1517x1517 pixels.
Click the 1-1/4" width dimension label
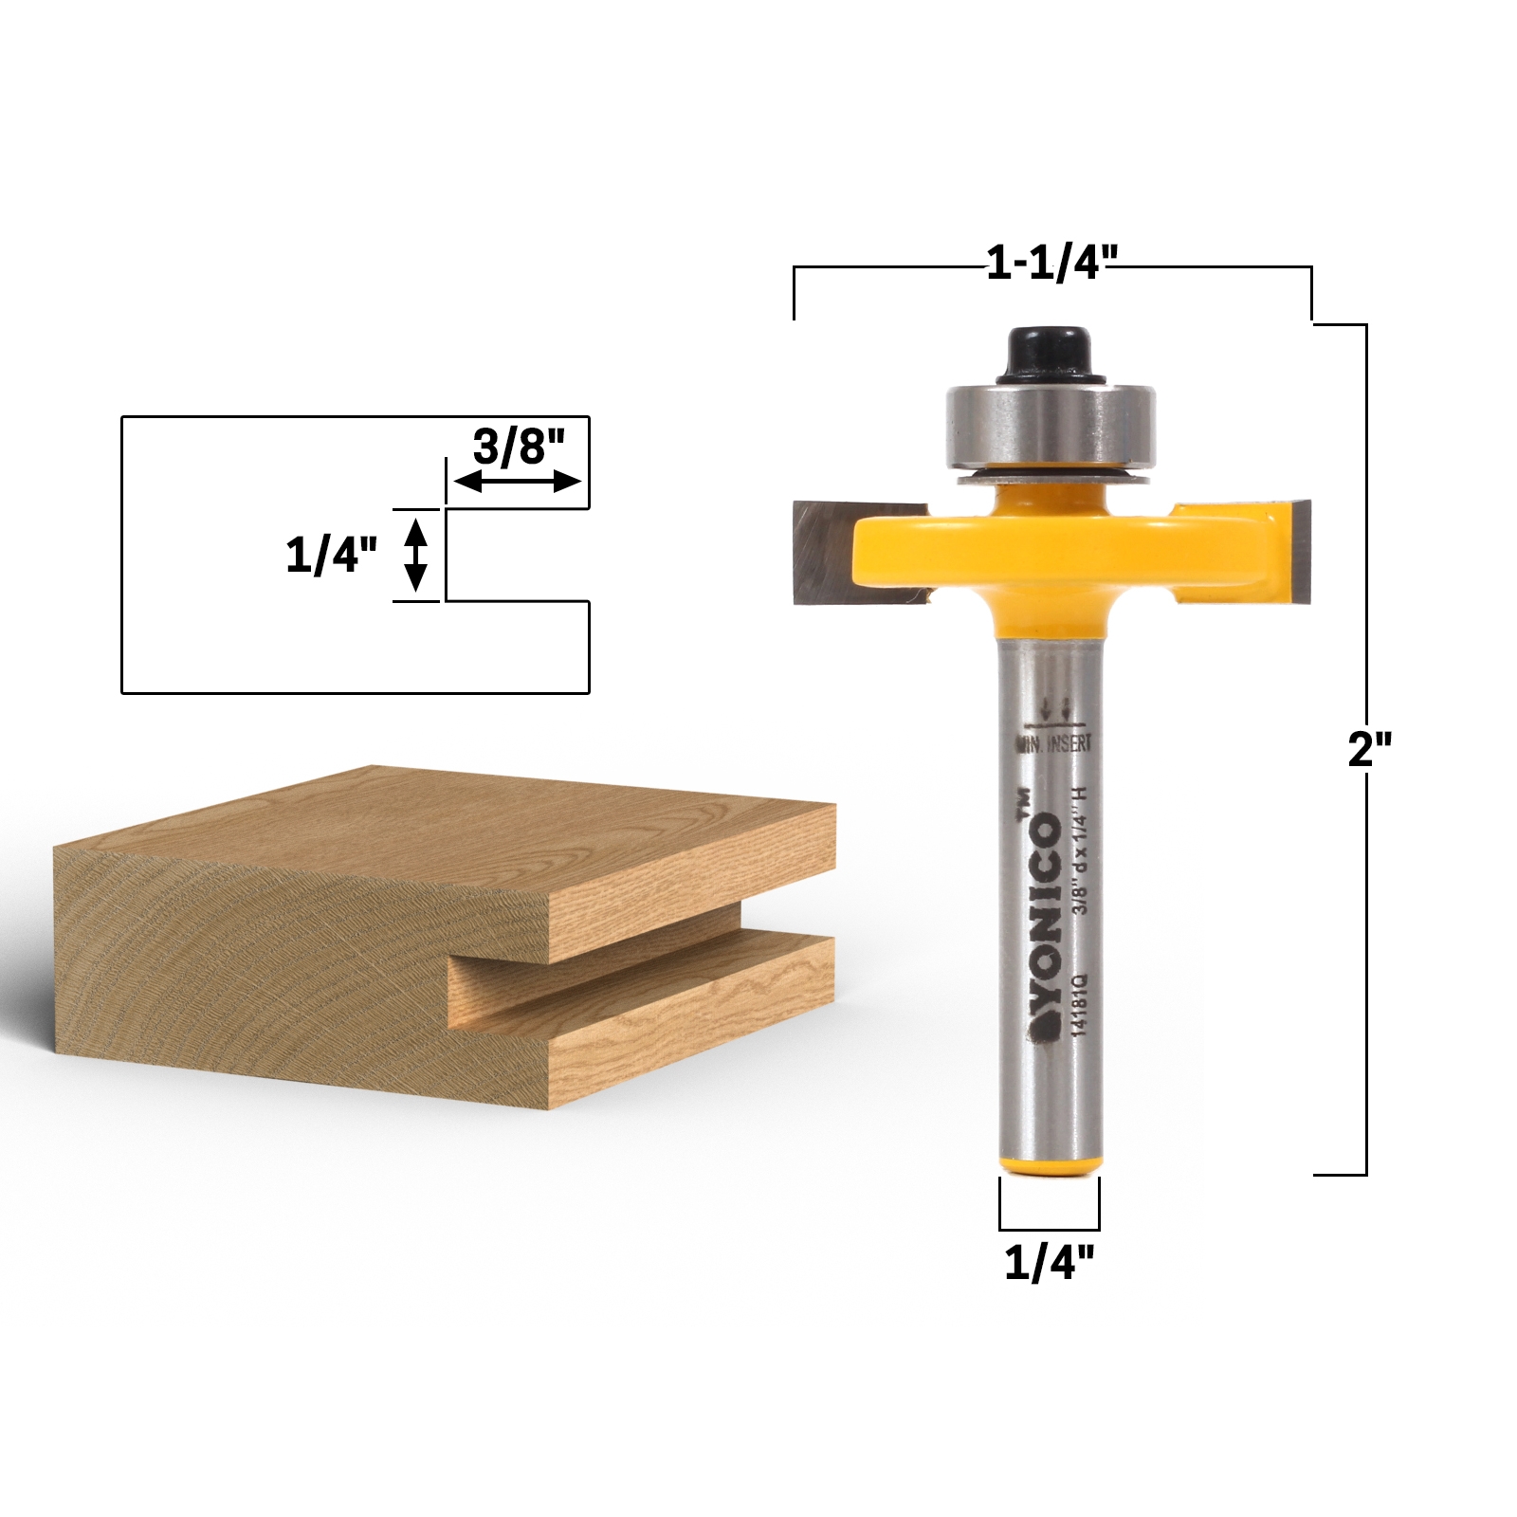pos(1051,263)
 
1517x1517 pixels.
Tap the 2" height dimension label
pos(1368,750)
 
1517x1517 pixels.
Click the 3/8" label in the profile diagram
pos(518,446)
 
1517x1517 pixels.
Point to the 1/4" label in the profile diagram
pos(331,555)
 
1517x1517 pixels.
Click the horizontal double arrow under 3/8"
pos(518,482)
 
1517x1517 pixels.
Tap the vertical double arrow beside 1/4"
pos(415,555)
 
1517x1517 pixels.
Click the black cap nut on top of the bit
pos(1050,355)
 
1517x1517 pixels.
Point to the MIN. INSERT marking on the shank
pos(1054,743)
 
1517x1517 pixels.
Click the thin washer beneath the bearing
pos(1050,477)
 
